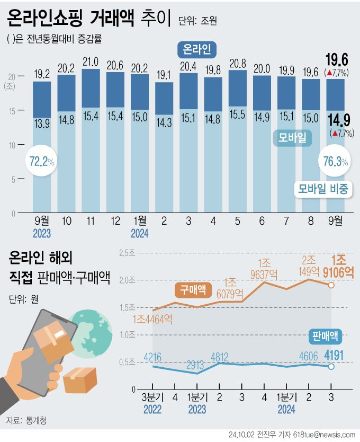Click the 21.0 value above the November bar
click(91, 61)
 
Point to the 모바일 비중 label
click(323, 189)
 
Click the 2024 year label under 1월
click(139, 233)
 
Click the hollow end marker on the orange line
click(331, 285)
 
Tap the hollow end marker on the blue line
click(331, 367)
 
